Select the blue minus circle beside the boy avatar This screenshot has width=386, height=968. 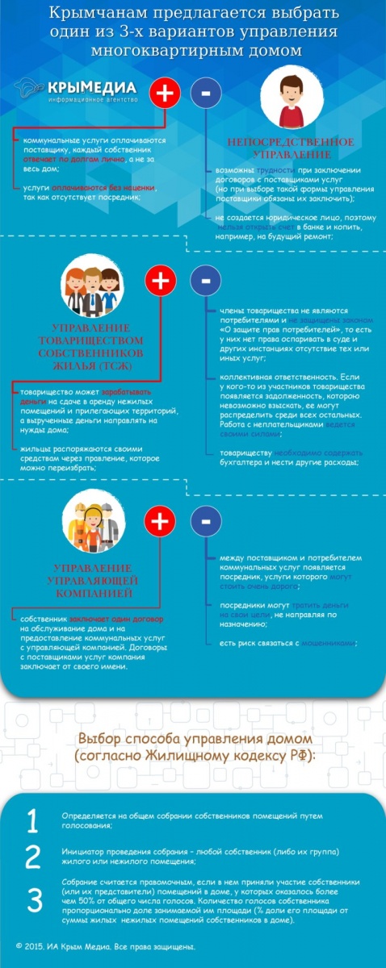206,93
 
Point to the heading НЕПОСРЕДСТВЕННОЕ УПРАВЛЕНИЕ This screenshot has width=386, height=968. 279,148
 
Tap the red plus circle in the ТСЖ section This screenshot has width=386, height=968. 161,281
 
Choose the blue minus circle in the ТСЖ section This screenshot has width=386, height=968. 205,281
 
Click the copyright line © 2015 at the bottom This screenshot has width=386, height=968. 106,946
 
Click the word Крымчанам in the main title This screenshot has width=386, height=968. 110,14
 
